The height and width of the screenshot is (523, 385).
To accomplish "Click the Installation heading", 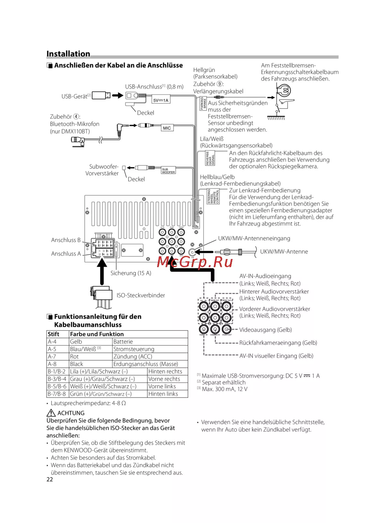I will (68, 54).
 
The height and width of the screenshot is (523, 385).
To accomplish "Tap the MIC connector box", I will (167, 128).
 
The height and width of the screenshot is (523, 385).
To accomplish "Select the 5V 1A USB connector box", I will (161, 100).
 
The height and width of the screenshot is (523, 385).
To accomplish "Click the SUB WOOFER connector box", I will (168, 171).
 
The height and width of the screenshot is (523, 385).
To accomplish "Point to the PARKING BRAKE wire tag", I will (203, 104).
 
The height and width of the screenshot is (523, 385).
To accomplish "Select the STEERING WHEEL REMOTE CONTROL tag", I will (213, 196).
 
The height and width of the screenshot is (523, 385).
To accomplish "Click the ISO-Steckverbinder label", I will (141, 295).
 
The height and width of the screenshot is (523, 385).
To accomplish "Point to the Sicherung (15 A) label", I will (131, 273).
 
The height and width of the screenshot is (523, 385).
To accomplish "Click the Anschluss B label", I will (66, 240).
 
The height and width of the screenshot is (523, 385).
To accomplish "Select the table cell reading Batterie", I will (123, 342).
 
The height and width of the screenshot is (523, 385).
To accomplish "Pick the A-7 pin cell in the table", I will (52, 357).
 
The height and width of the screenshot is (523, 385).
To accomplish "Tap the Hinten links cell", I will (163, 394).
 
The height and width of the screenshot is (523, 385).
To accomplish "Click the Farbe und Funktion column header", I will (97, 334).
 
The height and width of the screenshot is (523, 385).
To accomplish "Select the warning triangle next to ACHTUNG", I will (51, 413).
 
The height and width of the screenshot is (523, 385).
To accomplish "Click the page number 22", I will (50, 479).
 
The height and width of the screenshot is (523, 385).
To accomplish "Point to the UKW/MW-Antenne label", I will (284, 252).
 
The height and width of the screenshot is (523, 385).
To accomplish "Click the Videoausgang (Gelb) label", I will (266, 330).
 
